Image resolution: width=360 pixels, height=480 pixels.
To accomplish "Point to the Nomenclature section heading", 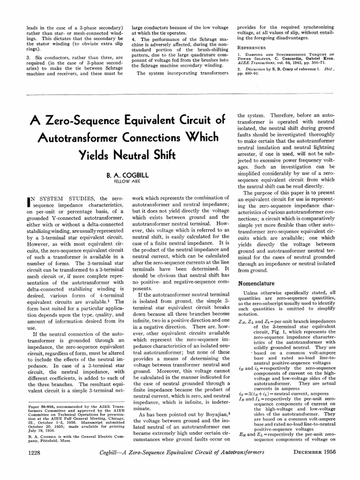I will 260,284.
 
